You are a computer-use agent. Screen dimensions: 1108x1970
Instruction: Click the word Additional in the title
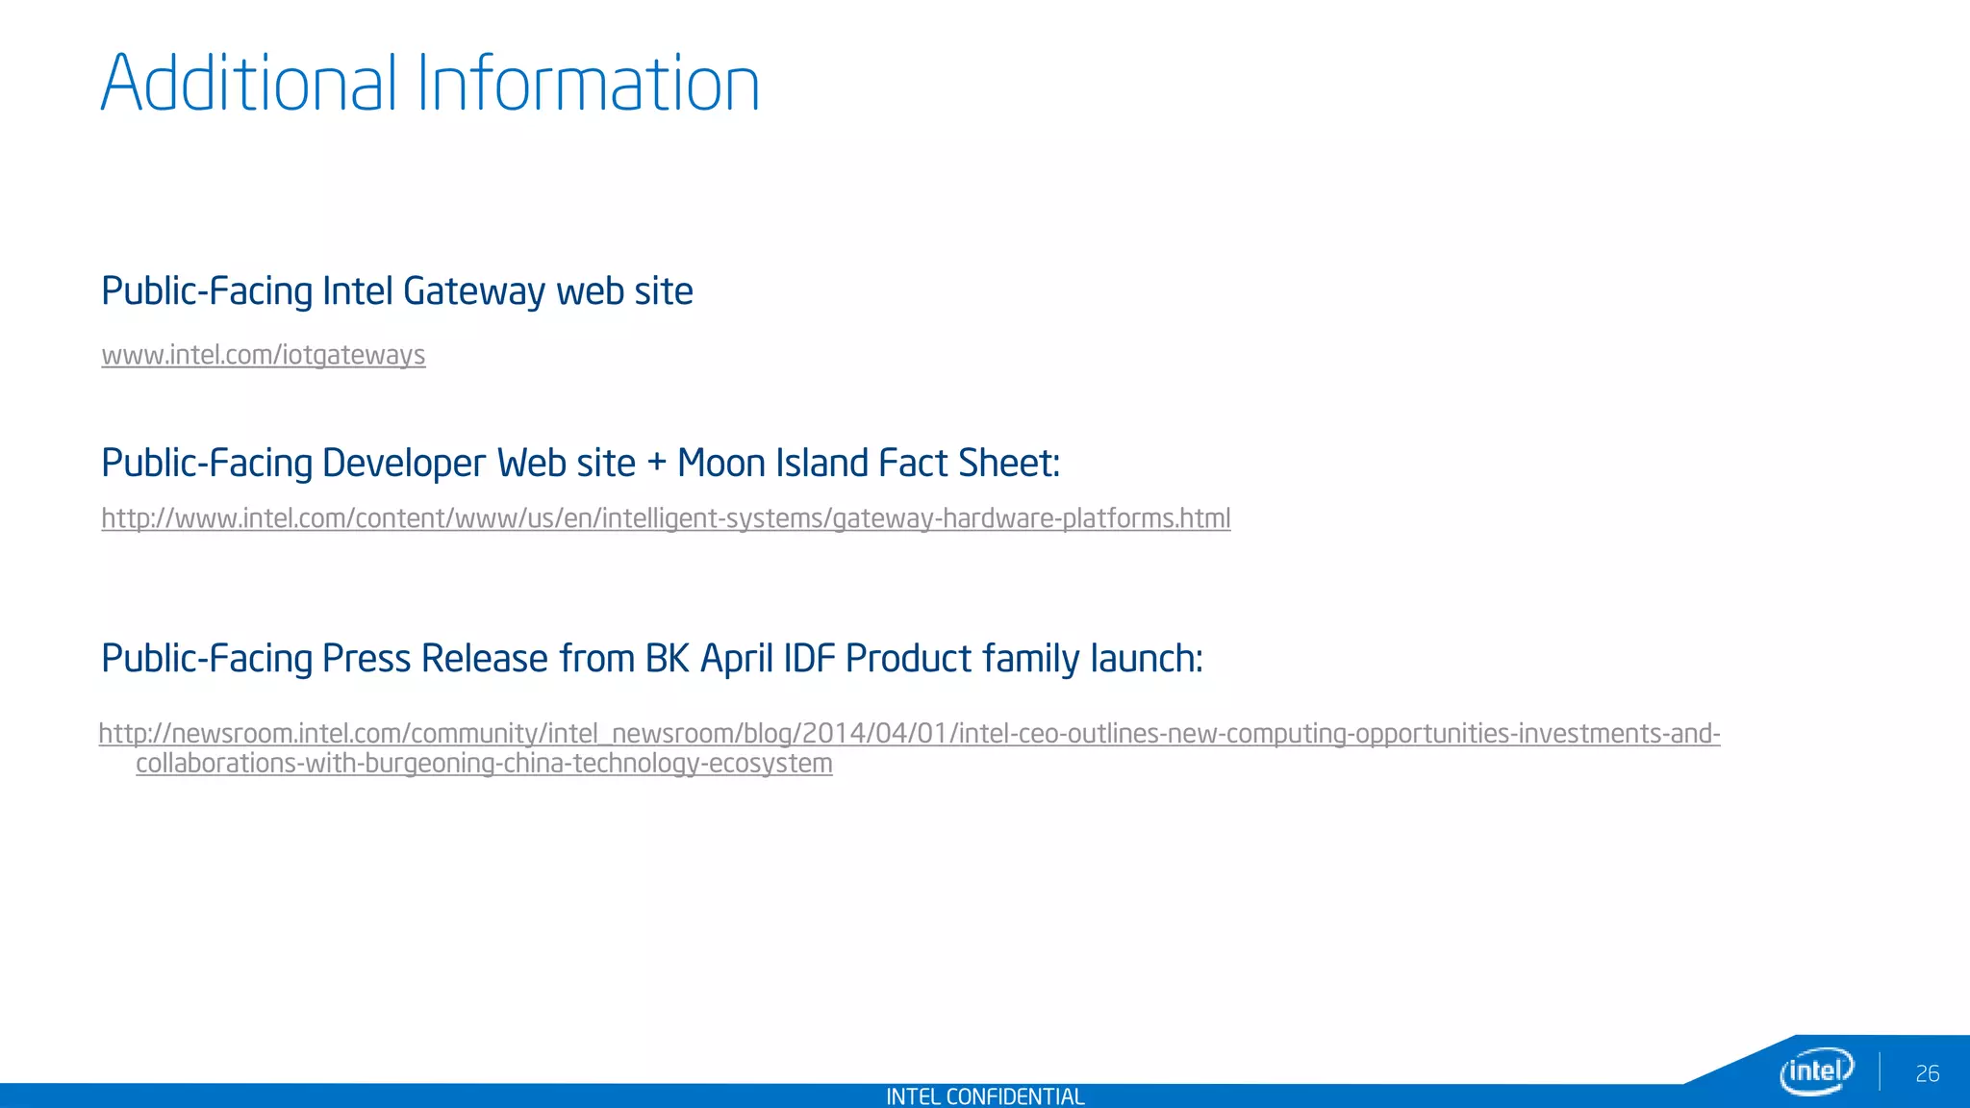click(248, 85)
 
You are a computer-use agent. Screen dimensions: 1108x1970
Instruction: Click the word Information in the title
click(588, 85)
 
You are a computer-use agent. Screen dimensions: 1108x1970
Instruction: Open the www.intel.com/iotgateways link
click(264, 355)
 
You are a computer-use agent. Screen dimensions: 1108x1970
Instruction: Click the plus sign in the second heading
click(656, 464)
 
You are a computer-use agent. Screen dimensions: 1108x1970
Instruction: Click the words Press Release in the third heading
click(435, 659)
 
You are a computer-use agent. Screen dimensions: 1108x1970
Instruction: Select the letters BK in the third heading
click(668, 659)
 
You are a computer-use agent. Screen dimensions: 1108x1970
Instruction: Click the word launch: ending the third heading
click(1146, 659)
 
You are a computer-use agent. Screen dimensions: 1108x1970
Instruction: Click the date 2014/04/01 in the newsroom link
click(875, 734)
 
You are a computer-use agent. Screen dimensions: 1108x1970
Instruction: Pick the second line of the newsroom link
click(484, 764)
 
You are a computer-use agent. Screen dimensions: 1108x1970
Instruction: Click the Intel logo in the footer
click(1816, 1070)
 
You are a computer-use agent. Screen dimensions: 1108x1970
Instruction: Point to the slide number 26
click(1927, 1073)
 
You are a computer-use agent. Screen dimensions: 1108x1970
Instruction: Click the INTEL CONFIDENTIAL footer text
click(985, 1096)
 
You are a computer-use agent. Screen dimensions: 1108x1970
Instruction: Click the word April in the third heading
click(736, 659)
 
